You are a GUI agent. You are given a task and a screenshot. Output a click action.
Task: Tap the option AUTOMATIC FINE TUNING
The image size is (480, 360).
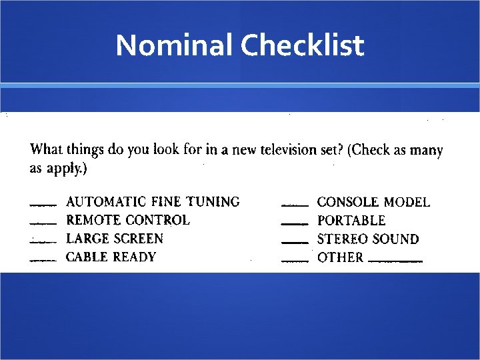click(x=153, y=201)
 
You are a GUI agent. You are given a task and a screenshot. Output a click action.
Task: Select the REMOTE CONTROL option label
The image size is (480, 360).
click(x=128, y=220)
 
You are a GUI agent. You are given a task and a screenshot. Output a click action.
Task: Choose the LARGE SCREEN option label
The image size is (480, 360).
click(x=115, y=239)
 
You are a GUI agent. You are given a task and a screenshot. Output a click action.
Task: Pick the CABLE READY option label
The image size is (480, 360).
click(x=111, y=257)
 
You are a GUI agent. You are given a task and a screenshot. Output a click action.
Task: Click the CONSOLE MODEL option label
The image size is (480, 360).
click(x=373, y=202)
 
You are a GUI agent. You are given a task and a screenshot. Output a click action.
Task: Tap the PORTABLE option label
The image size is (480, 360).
click(x=351, y=221)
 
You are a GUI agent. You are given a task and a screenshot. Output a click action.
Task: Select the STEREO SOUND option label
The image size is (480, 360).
click(x=368, y=239)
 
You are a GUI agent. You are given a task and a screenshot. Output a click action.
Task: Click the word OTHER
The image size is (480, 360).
click(x=340, y=258)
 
